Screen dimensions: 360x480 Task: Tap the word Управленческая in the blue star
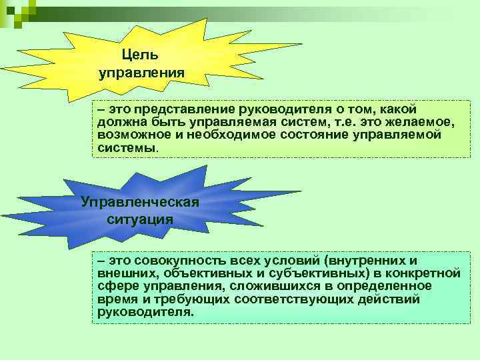[139, 201]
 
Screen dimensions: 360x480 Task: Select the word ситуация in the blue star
[140, 219]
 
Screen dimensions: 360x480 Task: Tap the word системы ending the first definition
[124, 147]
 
